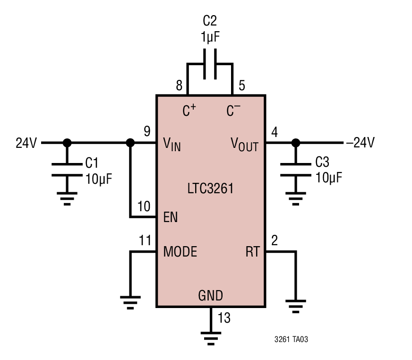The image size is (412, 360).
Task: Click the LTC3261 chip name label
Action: coord(210,189)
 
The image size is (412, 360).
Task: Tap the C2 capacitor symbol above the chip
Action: coord(210,64)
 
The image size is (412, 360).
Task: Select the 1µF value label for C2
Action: coord(210,37)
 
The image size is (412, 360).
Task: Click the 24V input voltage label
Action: coord(26,143)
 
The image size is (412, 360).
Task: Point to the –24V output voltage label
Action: coord(360,142)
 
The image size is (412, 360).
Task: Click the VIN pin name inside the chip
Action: coord(172,144)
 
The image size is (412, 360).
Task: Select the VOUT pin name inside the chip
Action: coord(245,144)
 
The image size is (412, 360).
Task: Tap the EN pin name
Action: coord(171,217)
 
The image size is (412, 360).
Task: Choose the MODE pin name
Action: coord(180,251)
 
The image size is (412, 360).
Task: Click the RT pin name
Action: coord(253,251)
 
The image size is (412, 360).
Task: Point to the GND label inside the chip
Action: coord(210,295)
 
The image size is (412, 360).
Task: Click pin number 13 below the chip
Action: coord(224,317)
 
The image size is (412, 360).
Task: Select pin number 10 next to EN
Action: coord(144,206)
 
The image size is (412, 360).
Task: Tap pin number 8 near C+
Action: coord(179,86)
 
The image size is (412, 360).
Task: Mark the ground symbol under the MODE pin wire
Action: coord(130,302)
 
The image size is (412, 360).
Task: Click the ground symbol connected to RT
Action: coord(296,307)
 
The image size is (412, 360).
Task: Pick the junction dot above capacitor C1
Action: coord(67,143)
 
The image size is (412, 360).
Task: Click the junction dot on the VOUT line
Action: coord(296,143)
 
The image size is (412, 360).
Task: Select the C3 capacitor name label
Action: coord(322,162)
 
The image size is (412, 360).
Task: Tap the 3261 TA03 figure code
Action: coord(291,339)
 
